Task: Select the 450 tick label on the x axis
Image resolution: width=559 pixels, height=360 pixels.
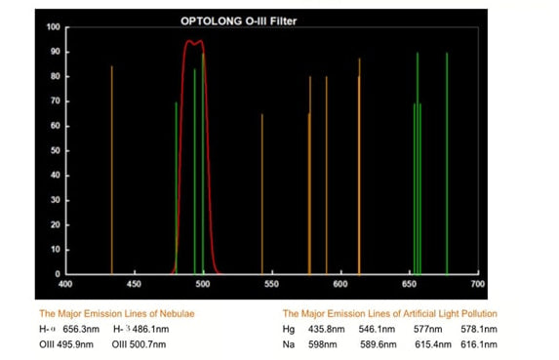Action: pos(134,284)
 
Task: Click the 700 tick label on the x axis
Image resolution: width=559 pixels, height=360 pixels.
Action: pos(477,284)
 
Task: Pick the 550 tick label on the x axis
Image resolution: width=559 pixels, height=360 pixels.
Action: pos(271,284)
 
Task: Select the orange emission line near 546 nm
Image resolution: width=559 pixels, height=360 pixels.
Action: pos(261,195)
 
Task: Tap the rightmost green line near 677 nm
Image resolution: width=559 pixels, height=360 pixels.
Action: pos(447,161)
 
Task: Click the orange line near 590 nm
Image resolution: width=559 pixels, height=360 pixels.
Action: pos(327,176)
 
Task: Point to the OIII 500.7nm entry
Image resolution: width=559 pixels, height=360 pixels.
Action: pos(140,344)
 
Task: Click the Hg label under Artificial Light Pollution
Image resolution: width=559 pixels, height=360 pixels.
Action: pos(288,330)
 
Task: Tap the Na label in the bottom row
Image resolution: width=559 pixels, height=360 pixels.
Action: pos(288,344)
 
